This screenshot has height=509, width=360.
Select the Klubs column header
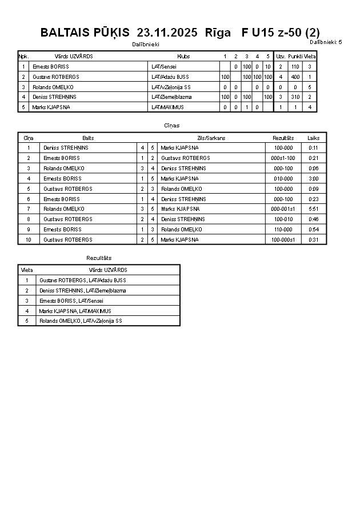point(183,57)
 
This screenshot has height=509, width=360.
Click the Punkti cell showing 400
point(295,77)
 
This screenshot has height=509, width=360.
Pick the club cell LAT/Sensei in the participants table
point(164,67)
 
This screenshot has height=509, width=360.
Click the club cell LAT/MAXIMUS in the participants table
point(167,107)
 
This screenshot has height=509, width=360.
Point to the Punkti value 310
point(295,97)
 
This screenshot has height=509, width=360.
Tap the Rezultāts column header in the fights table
point(283,138)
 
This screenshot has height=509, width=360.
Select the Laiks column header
point(313,138)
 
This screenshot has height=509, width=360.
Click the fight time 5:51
point(313,209)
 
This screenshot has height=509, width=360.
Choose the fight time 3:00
point(313,179)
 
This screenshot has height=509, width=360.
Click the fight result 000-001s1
point(283,209)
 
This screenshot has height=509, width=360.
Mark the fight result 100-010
point(283,219)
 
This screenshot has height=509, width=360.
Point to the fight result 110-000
point(283,230)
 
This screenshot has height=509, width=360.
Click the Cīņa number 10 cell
point(29,240)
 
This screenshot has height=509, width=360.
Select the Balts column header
point(88,138)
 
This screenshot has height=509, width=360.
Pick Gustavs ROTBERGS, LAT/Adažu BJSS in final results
point(82,280)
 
